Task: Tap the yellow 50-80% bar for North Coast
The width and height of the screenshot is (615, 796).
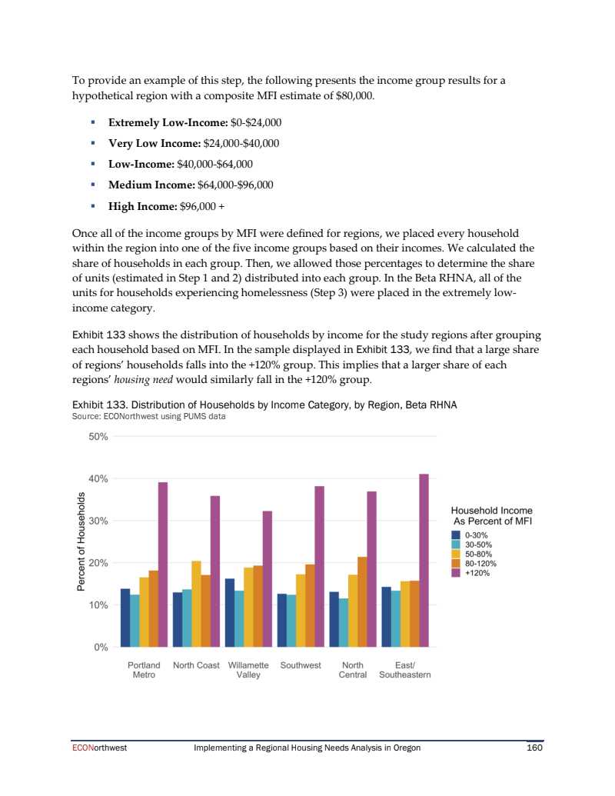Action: pos(196,604)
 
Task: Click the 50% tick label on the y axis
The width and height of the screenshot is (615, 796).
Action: pos(98,437)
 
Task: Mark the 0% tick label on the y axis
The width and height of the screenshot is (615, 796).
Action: pos(101,648)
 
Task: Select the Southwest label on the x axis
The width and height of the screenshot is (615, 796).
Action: pos(301,665)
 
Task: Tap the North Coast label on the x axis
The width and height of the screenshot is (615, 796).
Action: pos(196,665)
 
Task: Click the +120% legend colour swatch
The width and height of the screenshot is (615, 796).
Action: pos(456,572)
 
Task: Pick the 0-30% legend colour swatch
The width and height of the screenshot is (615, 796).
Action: pos(456,535)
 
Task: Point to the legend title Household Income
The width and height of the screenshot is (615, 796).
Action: pos(491,511)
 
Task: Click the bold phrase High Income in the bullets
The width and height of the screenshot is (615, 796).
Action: pos(142,206)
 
